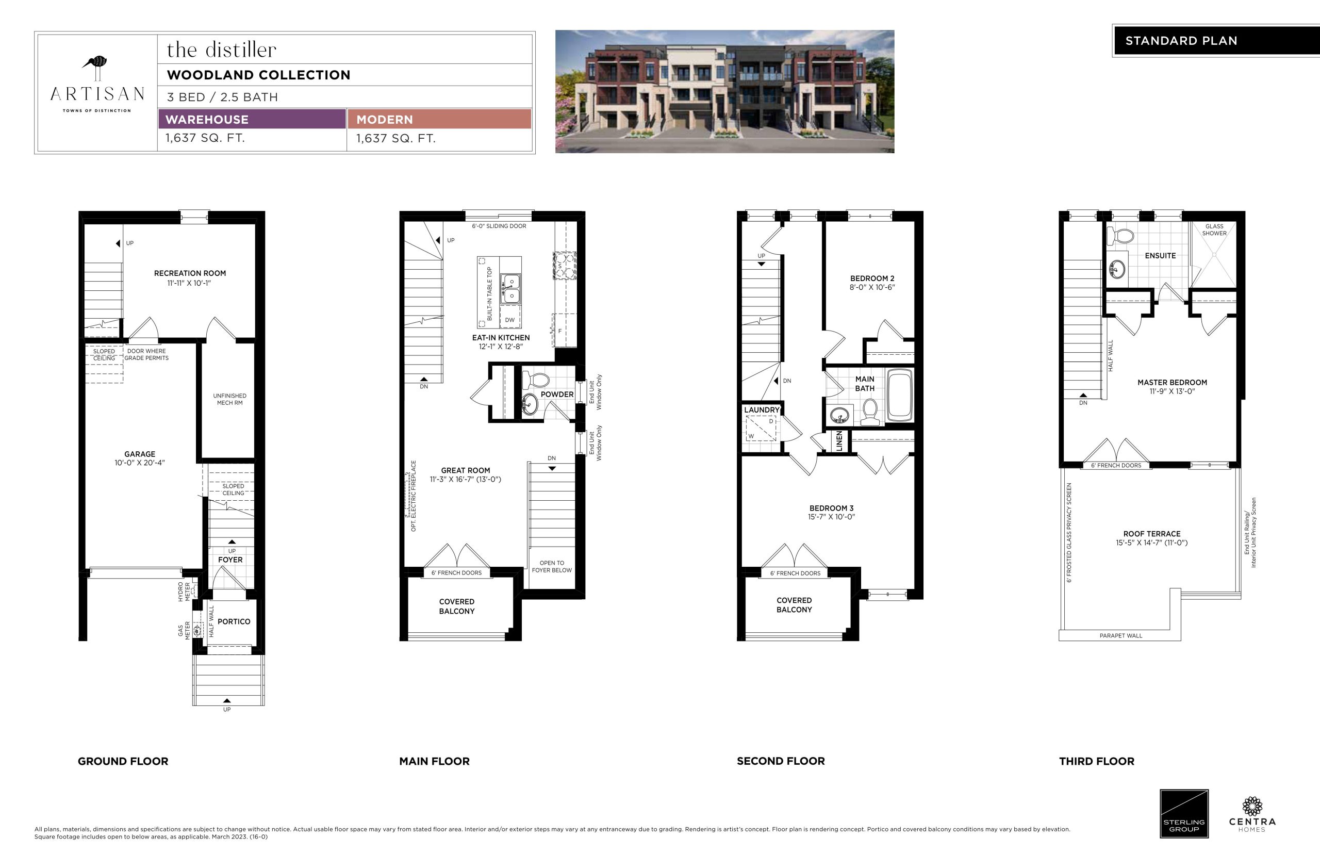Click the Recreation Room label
click(190, 273)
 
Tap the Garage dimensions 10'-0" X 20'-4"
click(140, 463)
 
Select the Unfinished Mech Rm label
click(229, 399)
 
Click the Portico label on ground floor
click(234, 621)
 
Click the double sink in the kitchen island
click(510, 288)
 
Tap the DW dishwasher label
click(509, 320)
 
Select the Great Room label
click(465, 470)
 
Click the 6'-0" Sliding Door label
click(499, 226)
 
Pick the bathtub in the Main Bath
click(900, 396)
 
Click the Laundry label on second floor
click(762, 410)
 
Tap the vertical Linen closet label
click(839, 441)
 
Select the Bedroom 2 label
click(872, 278)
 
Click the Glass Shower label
click(1214, 229)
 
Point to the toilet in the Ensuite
click(1120, 236)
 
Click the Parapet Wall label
click(1121, 635)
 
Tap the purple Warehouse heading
click(207, 119)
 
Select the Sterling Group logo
click(1184, 814)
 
